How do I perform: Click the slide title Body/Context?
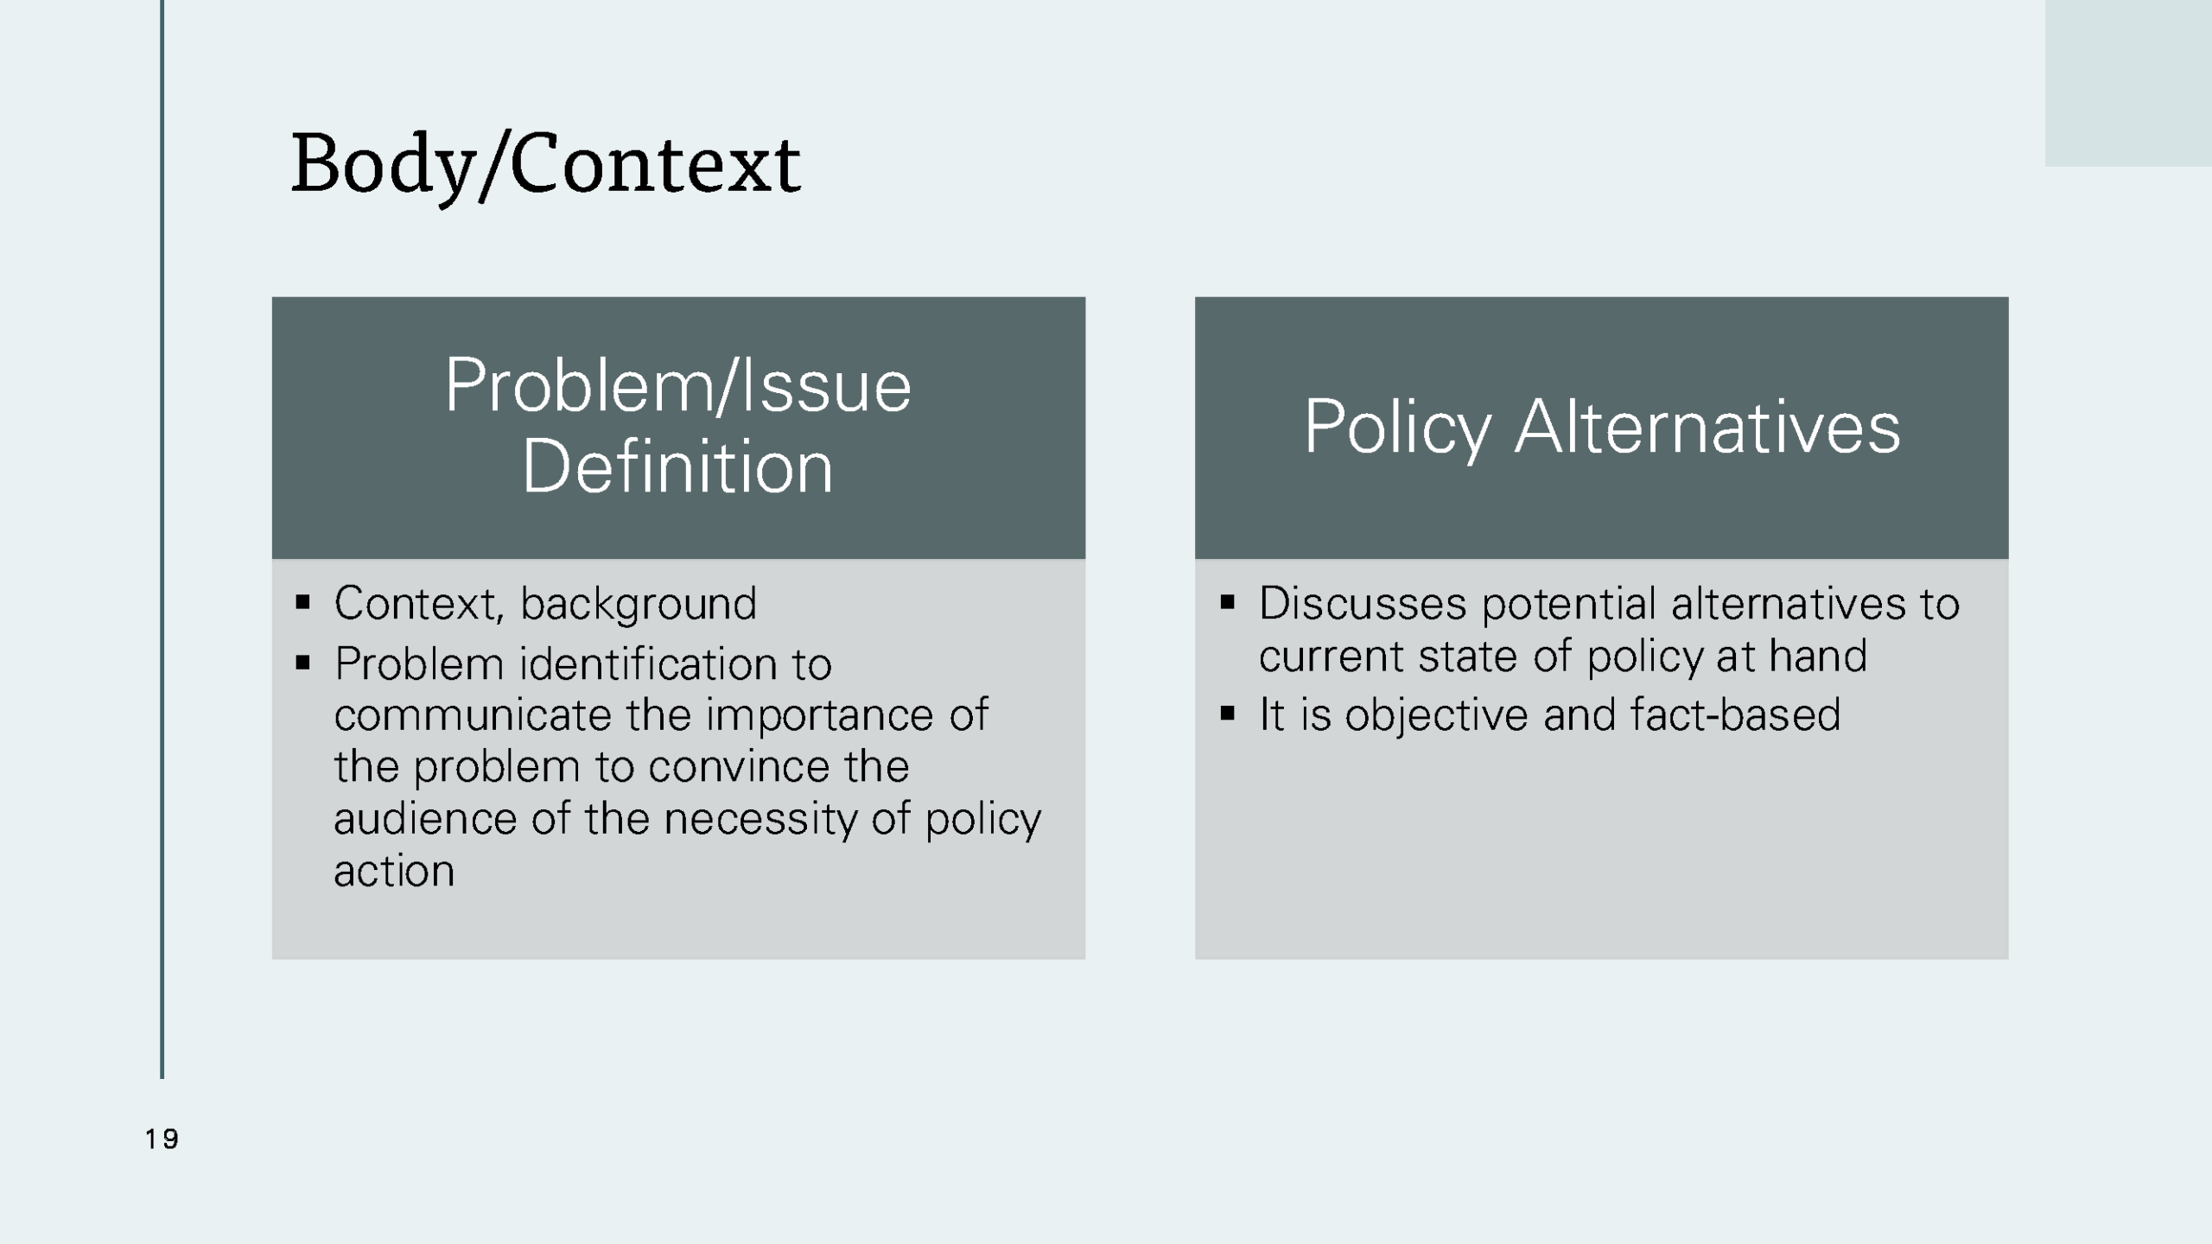pyautogui.click(x=545, y=164)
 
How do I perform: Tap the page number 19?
pyautogui.click(x=162, y=1139)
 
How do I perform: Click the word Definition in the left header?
pyautogui.click(x=677, y=467)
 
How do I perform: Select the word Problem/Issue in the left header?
pyautogui.click(x=677, y=386)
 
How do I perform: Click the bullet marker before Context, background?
pyautogui.click(x=302, y=602)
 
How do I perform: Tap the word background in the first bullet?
pyautogui.click(x=638, y=604)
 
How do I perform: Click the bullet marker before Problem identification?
pyautogui.click(x=302, y=663)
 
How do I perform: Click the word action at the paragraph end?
pyautogui.click(x=394, y=871)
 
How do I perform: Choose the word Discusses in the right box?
pyautogui.click(x=1362, y=604)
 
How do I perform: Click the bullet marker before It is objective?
pyautogui.click(x=1227, y=714)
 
